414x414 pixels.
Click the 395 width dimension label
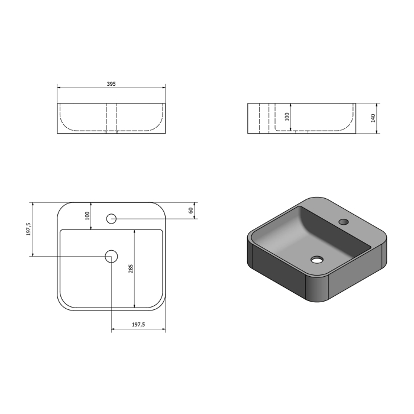(x=111, y=84)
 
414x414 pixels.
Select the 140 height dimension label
(x=373, y=118)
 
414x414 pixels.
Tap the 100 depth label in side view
(x=287, y=117)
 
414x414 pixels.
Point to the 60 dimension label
(x=191, y=211)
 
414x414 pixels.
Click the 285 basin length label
(x=131, y=269)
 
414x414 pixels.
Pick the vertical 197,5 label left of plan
(x=28, y=229)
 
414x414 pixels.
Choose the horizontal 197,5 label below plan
(x=138, y=325)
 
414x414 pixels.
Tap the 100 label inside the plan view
(x=88, y=216)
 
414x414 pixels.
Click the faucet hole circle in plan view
(x=111, y=219)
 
